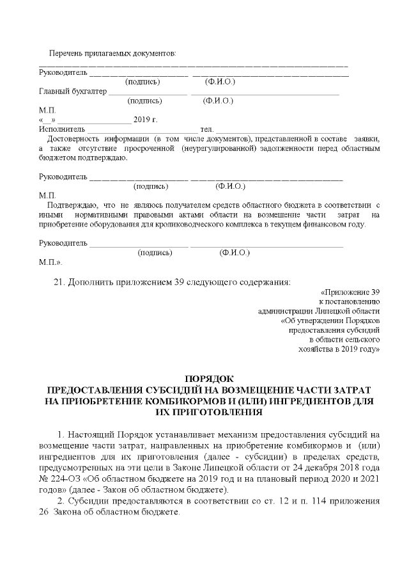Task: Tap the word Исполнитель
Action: coord(60,129)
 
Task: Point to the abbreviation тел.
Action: coord(206,129)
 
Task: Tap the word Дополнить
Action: coord(91,282)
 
